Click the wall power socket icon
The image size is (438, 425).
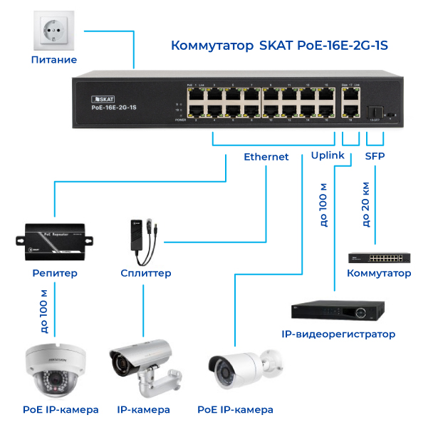53,29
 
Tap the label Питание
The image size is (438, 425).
54,60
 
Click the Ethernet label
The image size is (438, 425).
266,156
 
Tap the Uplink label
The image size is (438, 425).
328,155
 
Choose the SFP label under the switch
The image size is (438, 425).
375,155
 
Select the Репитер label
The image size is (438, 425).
55,273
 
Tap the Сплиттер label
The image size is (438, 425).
146,273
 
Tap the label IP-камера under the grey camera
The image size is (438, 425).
144,409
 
